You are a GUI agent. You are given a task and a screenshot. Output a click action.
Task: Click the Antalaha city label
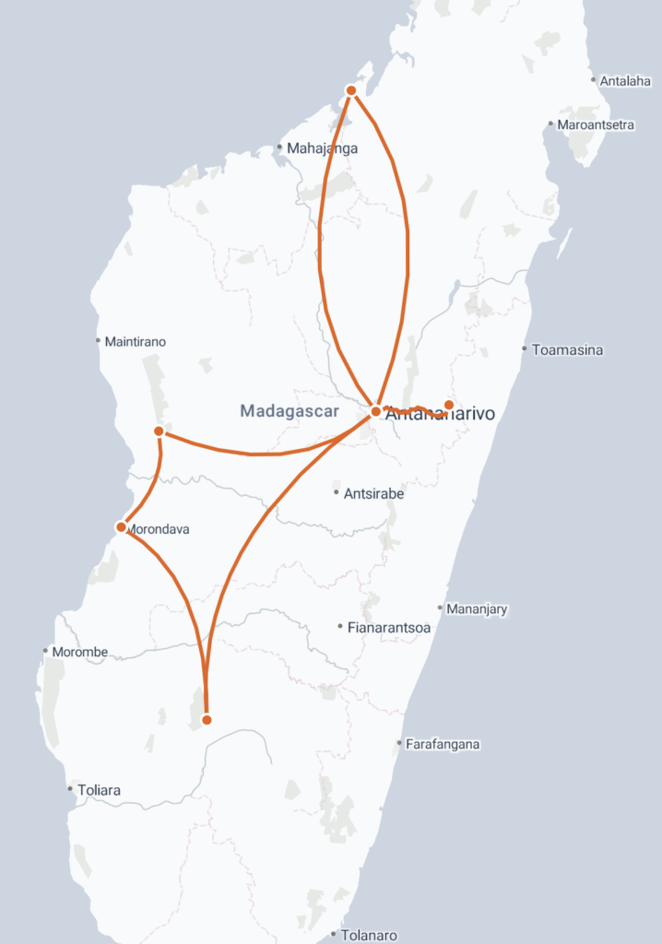[626, 81]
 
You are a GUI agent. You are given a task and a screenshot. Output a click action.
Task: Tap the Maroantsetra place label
[596, 124]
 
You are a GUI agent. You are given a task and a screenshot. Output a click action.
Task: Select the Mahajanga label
[322, 147]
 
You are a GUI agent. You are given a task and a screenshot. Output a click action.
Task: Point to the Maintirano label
[136, 341]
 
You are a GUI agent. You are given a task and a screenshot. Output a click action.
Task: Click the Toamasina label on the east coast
[568, 349]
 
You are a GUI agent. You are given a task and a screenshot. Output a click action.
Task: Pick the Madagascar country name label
[290, 411]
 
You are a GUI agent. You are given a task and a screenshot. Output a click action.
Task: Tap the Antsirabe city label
[373, 493]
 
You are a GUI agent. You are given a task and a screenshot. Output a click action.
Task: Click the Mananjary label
[477, 609]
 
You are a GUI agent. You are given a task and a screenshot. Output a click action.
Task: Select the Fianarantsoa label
[389, 628]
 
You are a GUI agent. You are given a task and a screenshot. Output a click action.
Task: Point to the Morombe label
[79, 652]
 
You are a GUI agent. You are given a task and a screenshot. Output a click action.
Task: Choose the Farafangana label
[443, 744]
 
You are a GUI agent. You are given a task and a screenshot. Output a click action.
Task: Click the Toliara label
[99, 790]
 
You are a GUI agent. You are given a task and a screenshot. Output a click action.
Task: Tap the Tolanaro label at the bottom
[369, 935]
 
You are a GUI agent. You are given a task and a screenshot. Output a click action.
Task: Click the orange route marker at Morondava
[121, 527]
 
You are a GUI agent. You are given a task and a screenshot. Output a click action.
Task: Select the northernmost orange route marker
[351, 90]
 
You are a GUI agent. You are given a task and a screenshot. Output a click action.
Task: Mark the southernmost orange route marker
[207, 720]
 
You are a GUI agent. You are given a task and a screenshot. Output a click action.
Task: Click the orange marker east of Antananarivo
[449, 405]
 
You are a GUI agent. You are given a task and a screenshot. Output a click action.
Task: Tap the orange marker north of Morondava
[159, 431]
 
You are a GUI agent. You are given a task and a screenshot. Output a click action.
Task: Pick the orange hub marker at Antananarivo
[376, 411]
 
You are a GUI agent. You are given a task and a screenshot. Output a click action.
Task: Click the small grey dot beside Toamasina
[525, 349]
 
